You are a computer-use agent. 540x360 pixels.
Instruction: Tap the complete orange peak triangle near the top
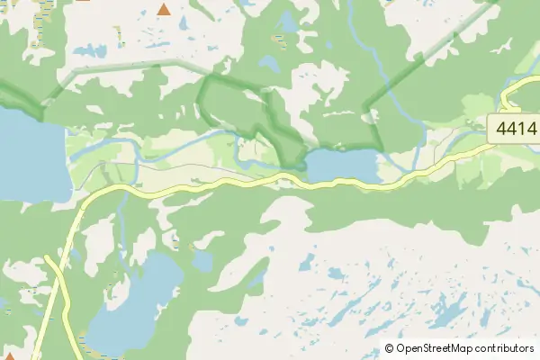tap(164, 10)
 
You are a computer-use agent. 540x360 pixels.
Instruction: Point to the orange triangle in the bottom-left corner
tap(9, 356)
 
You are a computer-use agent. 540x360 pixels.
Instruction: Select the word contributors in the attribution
tap(504, 348)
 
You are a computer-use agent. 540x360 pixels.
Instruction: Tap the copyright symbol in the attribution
tap(389, 348)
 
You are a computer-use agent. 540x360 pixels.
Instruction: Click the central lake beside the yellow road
tap(342, 165)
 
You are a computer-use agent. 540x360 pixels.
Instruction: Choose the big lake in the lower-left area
tap(135, 306)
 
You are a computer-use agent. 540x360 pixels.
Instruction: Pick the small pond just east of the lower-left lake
tap(203, 261)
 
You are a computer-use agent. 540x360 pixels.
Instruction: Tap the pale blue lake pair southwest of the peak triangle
tap(90, 50)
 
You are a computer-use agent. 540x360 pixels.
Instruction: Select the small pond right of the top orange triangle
tap(288, 20)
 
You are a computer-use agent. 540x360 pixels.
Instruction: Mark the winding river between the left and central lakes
tap(180, 144)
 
